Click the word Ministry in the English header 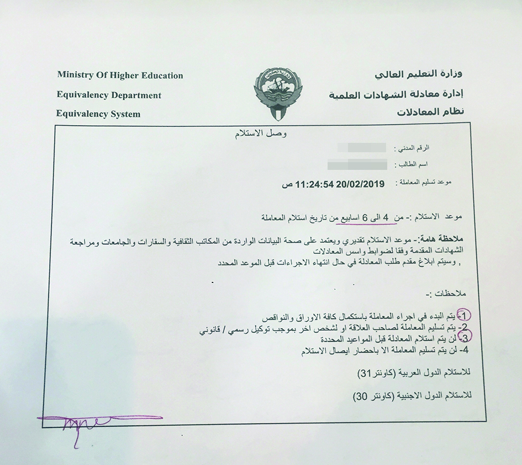[x=76, y=75]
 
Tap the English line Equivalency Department [x=109, y=95]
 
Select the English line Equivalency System [x=98, y=114]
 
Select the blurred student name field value [x=357, y=164]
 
